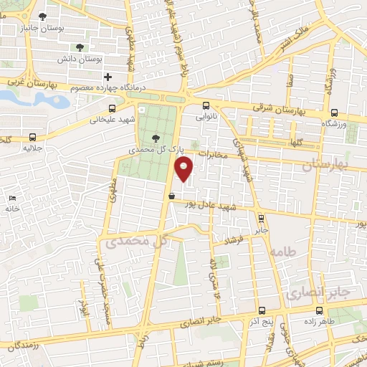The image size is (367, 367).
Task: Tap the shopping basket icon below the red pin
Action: tap(171, 195)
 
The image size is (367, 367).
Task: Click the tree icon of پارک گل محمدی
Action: tap(157, 139)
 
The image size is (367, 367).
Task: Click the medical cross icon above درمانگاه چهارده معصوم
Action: tap(108, 77)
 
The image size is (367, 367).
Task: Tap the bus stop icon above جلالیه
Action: tap(32, 136)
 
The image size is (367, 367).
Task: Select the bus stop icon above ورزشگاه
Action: tap(334, 112)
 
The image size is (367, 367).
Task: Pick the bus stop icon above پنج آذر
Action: tap(261, 311)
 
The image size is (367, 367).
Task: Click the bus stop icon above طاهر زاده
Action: tap(319, 311)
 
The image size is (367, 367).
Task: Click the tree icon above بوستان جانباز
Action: tap(43, 15)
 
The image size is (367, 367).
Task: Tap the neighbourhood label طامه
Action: tap(284, 252)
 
